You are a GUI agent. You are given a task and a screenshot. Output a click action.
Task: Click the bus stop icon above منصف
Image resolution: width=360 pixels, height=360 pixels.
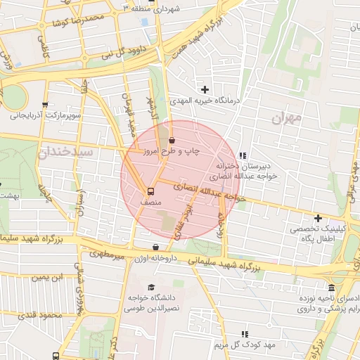tap(150, 191)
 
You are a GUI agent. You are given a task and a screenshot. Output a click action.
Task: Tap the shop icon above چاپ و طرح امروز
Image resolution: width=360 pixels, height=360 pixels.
tap(172, 141)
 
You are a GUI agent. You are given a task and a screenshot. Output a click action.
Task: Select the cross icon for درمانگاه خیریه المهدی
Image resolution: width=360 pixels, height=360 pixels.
tap(205, 89)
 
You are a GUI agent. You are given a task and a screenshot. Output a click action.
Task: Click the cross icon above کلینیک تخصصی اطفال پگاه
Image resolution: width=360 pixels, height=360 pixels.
tap(318, 218)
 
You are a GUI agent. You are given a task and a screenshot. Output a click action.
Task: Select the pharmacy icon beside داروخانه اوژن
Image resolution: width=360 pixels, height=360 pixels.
tap(155, 247)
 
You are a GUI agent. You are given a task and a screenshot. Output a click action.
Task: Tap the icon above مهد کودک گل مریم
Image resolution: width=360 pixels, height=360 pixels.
tap(245, 334)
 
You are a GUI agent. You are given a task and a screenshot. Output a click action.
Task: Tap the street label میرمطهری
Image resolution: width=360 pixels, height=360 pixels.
tap(110, 255)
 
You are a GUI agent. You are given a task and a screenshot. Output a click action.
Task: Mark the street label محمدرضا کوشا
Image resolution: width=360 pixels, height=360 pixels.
tap(73, 20)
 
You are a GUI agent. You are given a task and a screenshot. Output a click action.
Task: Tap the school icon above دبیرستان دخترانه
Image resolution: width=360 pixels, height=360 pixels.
tap(243, 155)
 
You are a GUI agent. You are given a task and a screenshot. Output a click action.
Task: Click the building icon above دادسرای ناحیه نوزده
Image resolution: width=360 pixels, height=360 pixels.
tap(331, 288)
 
